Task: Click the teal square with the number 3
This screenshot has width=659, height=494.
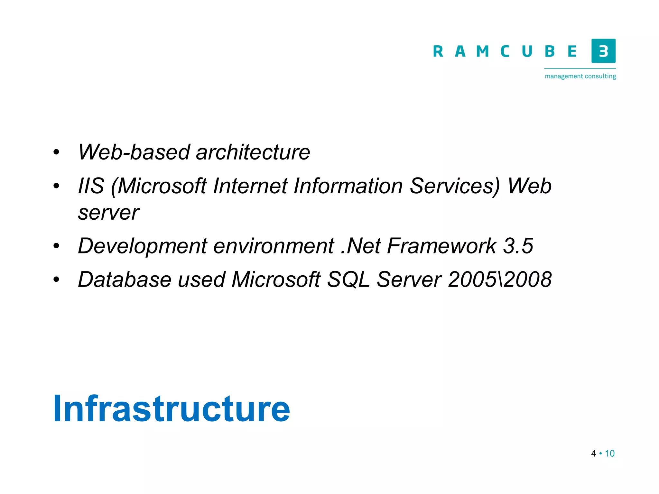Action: point(603,51)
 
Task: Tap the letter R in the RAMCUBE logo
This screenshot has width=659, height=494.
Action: point(438,51)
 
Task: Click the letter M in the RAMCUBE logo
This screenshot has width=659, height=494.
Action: point(482,51)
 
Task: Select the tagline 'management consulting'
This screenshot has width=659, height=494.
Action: point(580,76)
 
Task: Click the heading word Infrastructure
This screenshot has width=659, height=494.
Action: point(172,408)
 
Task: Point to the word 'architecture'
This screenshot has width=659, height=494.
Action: point(253,152)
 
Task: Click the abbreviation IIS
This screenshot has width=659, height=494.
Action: point(91,186)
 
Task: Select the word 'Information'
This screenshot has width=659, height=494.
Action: point(348,186)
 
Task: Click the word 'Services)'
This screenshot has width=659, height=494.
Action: point(455,186)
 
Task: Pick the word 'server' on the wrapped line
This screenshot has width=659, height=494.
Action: point(108,213)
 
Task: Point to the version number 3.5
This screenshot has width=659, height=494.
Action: point(518,246)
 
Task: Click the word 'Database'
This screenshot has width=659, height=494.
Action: point(125,279)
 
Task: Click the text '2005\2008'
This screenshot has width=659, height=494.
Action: point(500,279)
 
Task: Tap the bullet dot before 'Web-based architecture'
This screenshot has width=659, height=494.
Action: point(56,152)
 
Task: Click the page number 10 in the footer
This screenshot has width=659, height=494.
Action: point(610,453)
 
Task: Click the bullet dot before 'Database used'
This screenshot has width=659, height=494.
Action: point(56,279)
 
